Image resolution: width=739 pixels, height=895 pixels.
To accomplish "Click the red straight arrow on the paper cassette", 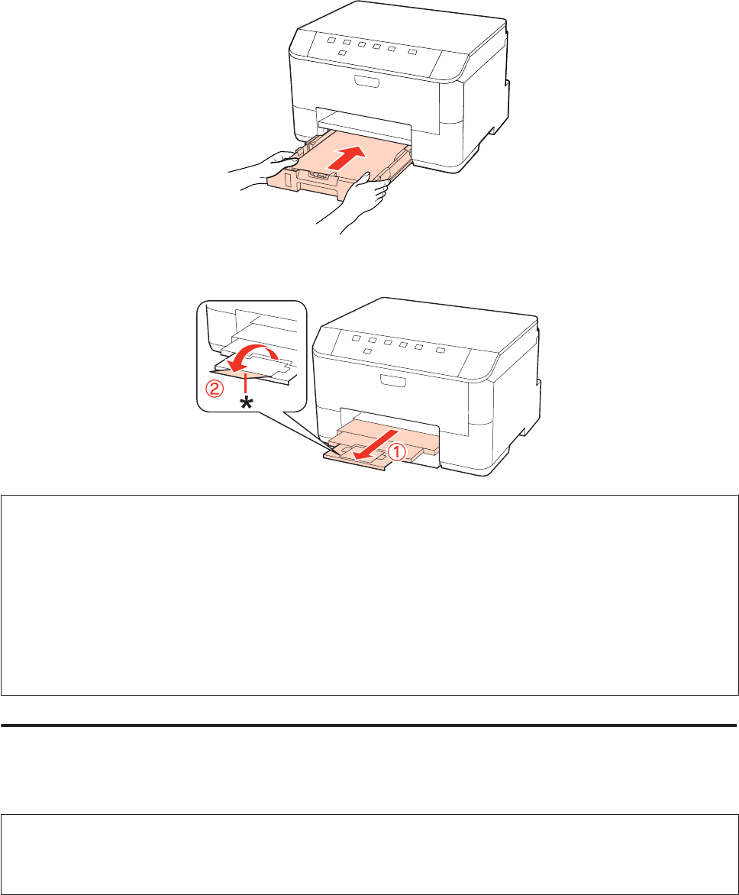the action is click(x=347, y=157).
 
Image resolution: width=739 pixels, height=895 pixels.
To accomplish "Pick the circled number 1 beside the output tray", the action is click(x=397, y=452).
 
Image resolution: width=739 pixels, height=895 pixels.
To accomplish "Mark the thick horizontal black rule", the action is click(x=369, y=725).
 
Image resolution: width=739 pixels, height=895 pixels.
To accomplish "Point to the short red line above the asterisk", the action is click(x=245, y=384).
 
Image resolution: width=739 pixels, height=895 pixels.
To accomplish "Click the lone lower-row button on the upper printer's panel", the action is click(x=342, y=53).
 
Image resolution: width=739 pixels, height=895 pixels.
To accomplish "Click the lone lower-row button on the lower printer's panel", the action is click(x=367, y=351).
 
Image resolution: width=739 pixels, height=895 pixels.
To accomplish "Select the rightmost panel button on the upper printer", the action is click(x=412, y=52).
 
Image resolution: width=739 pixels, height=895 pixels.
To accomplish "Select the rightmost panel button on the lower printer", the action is click(x=440, y=350).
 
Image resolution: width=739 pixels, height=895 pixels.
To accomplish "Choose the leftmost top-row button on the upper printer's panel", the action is click(x=332, y=41).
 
